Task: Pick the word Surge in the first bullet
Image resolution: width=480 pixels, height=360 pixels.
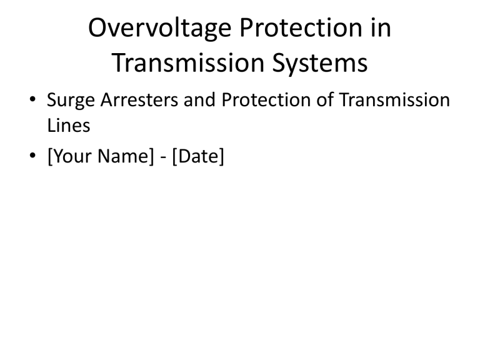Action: (x=68, y=101)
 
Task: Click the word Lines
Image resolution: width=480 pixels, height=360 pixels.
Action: (x=69, y=126)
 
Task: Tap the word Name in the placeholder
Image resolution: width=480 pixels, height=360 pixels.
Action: (x=122, y=156)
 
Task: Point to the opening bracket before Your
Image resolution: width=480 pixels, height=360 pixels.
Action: (x=49, y=156)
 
